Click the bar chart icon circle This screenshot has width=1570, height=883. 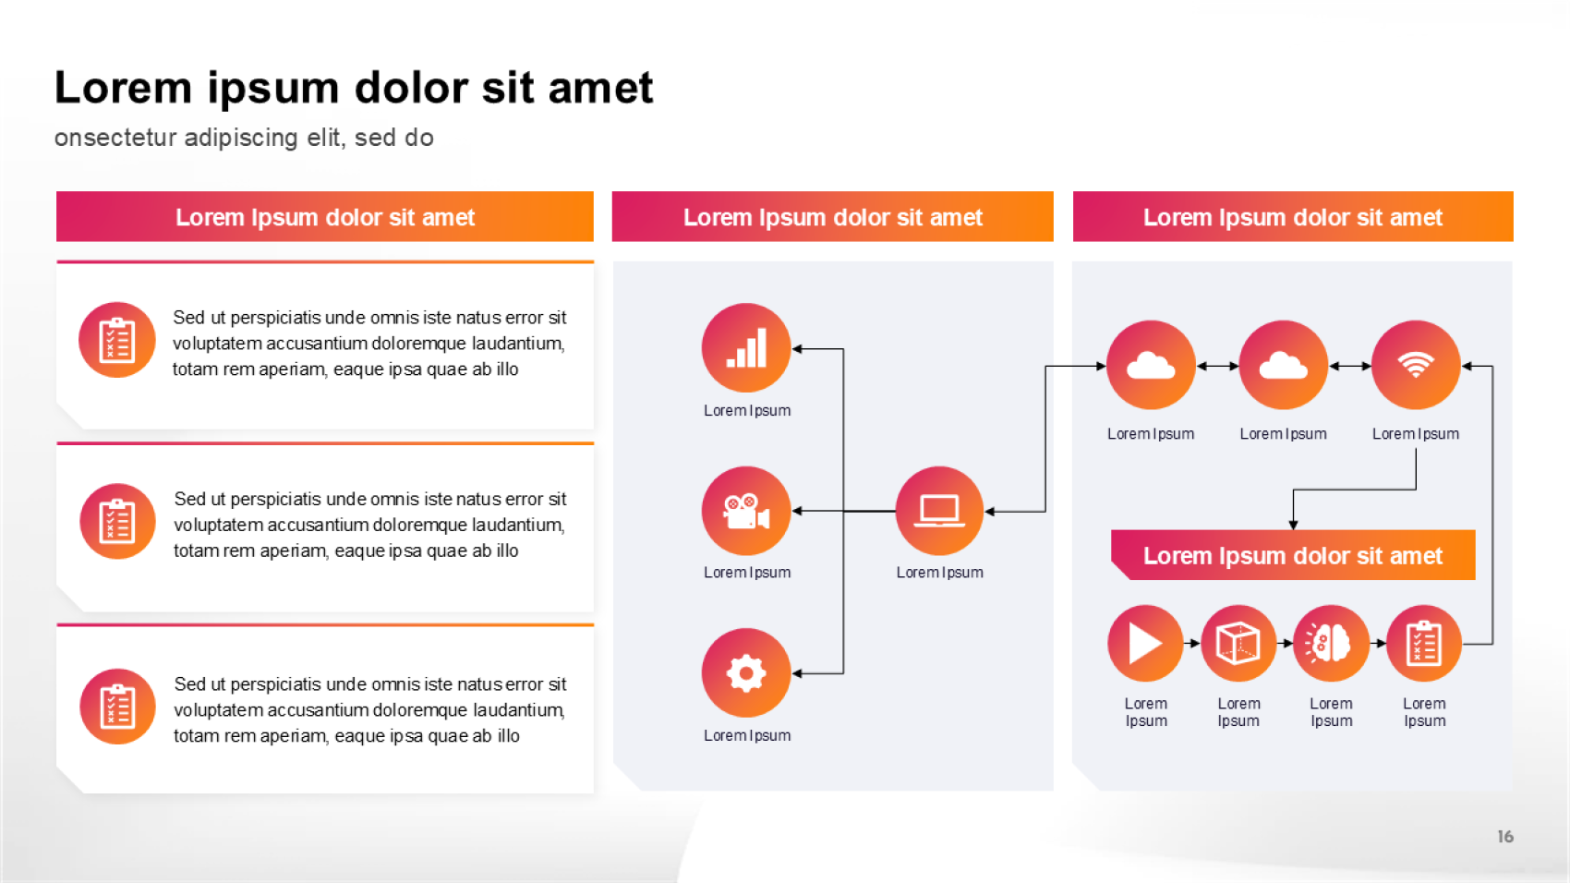click(746, 347)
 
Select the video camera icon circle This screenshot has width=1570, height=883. click(746, 511)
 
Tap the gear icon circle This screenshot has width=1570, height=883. click(746, 672)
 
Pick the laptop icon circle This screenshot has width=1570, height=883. click(939, 511)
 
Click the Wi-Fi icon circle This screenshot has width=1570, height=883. click(1416, 365)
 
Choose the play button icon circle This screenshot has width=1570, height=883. click(1145, 644)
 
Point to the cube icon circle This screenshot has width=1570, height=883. click(1238, 644)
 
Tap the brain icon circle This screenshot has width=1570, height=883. click(1331, 644)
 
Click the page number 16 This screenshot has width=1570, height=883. click(1504, 837)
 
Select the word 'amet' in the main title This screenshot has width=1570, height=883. click(600, 89)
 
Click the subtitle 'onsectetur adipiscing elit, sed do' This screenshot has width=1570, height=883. click(244, 138)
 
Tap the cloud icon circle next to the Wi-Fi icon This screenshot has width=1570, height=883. click(1284, 365)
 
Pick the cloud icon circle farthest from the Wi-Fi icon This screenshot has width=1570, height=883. click(1151, 365)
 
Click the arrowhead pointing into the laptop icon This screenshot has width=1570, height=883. click(990, 512)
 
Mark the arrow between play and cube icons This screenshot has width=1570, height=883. click(1192, 644)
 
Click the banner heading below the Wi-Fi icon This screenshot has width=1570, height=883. click(1293, 556)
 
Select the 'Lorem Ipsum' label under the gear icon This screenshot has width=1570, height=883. click(747, 735)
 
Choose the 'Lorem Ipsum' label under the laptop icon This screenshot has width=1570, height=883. click(940, 573)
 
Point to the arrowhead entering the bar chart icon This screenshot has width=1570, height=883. click(797, 348)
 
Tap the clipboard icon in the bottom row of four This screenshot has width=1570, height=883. click(1423, 644)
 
